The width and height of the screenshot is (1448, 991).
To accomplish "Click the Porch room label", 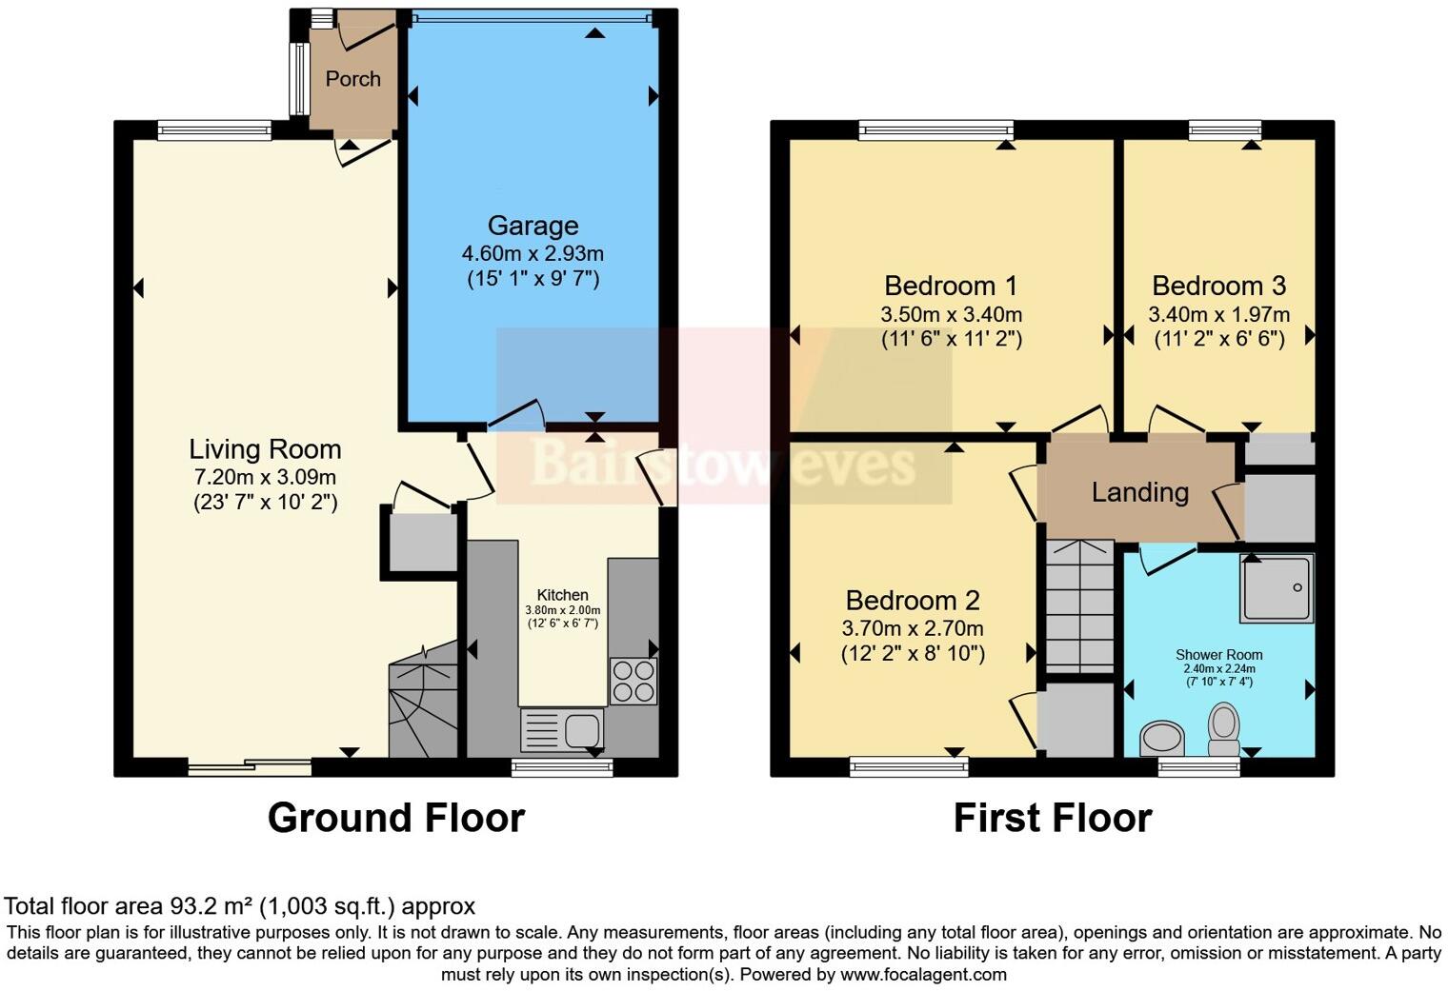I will (x=352, y=79).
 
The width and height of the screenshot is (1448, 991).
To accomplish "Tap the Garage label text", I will (x=533, y=226).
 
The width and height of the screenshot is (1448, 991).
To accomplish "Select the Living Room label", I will (x=265, y=449).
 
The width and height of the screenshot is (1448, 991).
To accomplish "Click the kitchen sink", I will (x=562, y=730).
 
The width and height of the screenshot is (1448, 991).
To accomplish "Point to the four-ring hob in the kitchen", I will (x=633, y=681).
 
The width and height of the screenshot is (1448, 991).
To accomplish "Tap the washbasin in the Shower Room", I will (x=1161, y=737).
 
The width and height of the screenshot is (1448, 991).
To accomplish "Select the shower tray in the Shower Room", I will (x=1277, y=588).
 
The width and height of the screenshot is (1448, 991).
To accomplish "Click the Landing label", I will (x=1139, y=492).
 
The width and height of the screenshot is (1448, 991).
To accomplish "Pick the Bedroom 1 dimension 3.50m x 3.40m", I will (x=951, y=314).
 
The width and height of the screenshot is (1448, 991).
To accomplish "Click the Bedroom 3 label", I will (x=1218, y=286).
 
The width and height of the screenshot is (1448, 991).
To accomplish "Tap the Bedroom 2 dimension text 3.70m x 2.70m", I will (x=912, y=628).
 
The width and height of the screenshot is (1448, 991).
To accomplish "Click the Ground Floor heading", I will (x=395, y=818).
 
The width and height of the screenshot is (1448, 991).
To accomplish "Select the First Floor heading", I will (x=1052, y=818).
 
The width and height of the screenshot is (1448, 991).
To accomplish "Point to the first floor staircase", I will (x=1079, y=605).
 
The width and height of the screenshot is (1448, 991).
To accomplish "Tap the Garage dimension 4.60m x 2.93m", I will (x=533, y=254).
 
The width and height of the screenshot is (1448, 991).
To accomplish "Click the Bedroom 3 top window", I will (x=1224, y=130).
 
